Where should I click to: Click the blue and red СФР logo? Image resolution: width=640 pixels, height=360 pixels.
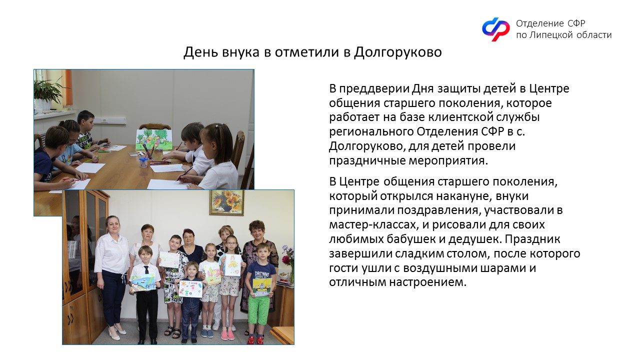point(495,29)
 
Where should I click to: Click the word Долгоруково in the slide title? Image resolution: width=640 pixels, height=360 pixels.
point(397,52)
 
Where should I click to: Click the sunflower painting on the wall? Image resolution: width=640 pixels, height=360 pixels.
point(227,202)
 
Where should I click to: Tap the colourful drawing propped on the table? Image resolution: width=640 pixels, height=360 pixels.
point(154,139)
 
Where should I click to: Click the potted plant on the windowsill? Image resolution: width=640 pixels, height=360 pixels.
point(45,92)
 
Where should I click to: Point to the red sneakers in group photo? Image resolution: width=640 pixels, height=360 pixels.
point(255,339)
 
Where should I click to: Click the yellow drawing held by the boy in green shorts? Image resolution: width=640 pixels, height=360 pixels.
point(262,287)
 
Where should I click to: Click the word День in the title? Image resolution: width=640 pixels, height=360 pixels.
point(201,52)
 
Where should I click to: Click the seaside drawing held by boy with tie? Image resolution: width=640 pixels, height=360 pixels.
point(143,282)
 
